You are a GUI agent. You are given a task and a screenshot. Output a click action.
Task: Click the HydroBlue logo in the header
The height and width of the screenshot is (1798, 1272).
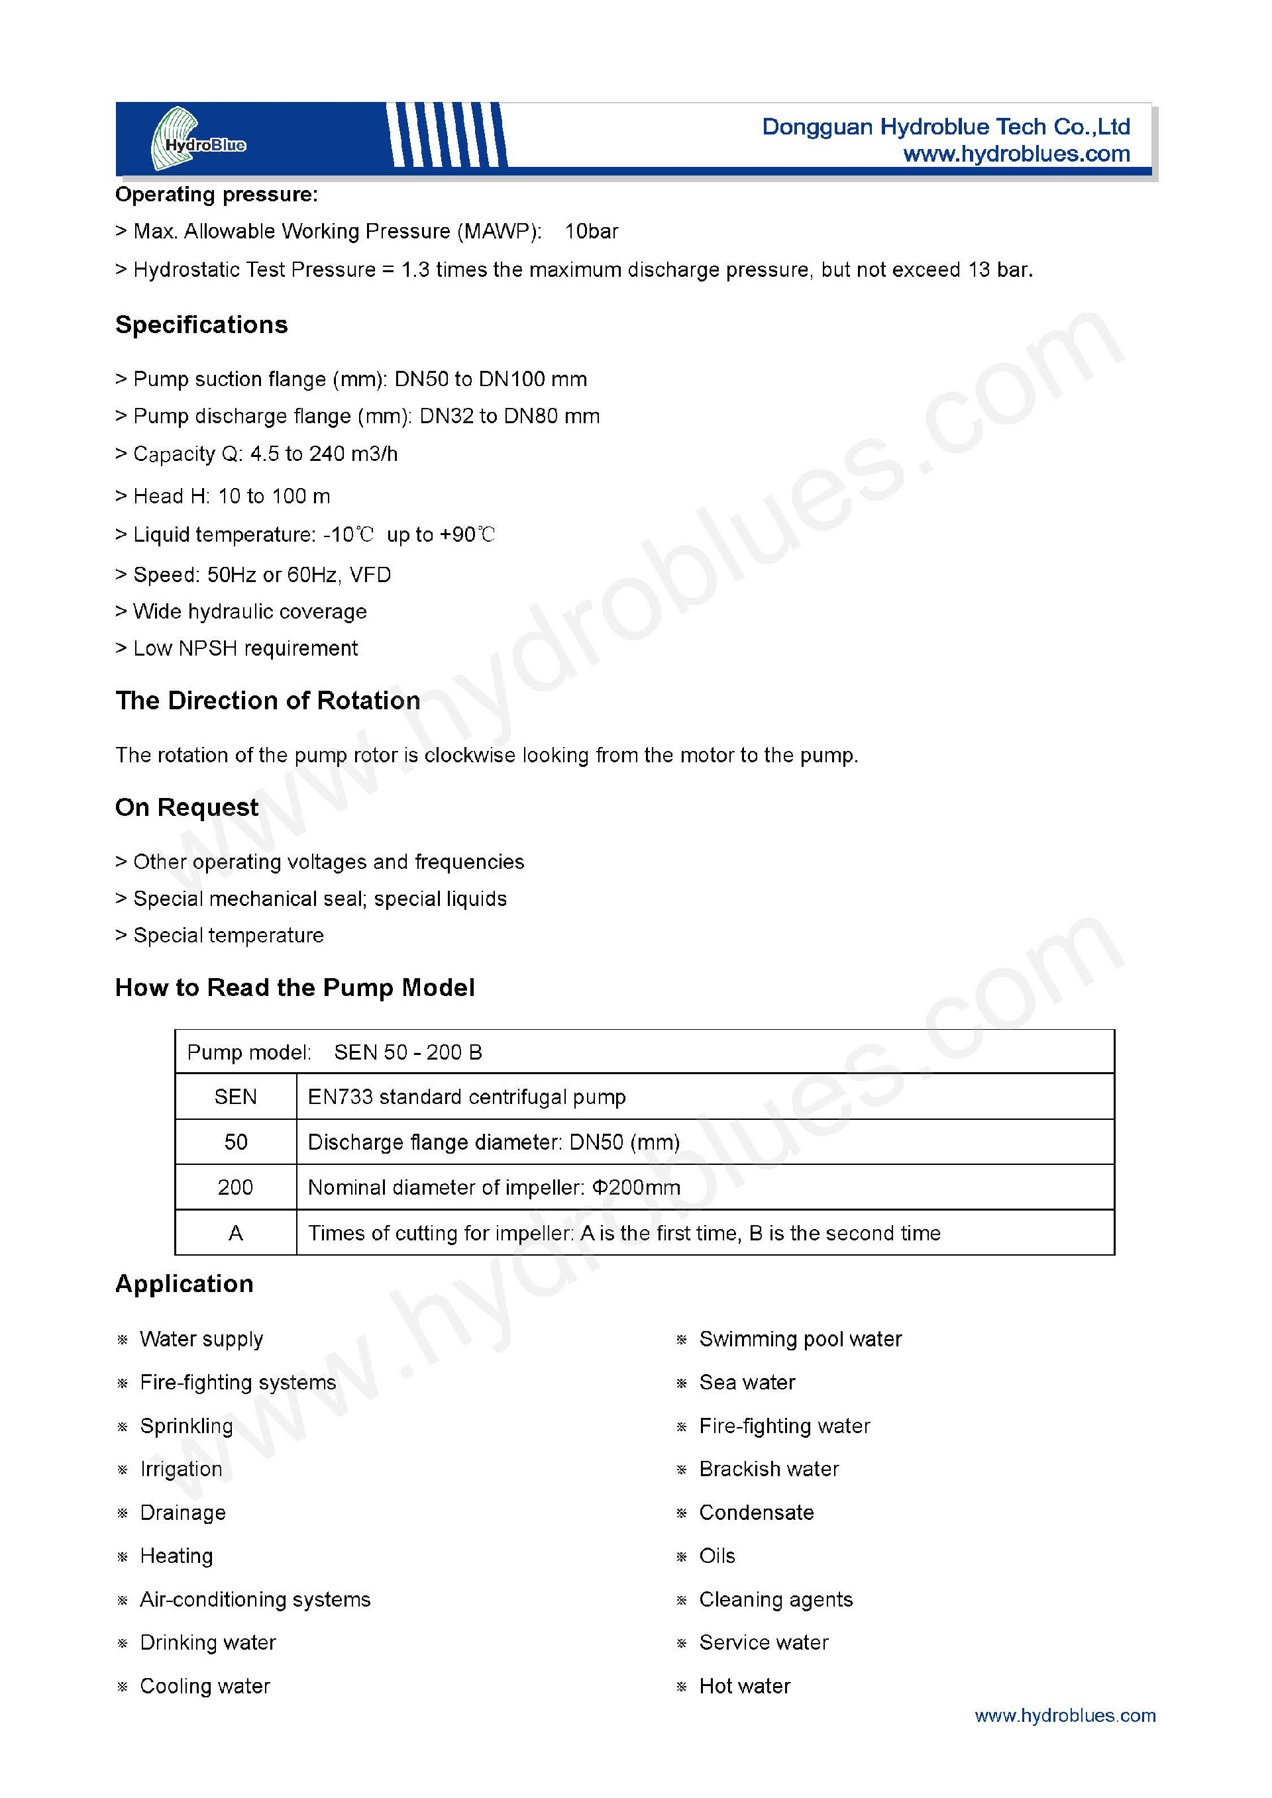click(x=196, y=139)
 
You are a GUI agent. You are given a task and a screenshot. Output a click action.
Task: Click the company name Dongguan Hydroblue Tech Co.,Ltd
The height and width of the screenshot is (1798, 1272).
click(x=945, y=127)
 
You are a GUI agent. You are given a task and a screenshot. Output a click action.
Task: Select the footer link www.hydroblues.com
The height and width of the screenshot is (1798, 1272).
click(x=1065, y=1715)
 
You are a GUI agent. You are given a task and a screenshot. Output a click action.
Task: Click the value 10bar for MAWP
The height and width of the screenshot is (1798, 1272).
click(x=592, y=232)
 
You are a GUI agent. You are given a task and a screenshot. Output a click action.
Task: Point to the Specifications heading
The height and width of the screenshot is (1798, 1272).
click(x=201, y=325)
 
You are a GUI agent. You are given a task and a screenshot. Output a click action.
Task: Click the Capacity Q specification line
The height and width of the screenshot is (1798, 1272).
click(x=257, y=454)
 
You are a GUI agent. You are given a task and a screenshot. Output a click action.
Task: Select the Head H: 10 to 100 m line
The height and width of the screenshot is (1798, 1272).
click(x=224, y=497)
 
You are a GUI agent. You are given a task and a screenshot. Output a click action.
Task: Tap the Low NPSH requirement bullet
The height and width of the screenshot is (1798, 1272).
click(x=237, y=648)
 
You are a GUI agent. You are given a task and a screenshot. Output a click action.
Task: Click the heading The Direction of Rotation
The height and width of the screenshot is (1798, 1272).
click(x=268, y=701)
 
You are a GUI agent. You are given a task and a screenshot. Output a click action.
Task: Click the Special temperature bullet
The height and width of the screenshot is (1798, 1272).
click(x=220, y=936)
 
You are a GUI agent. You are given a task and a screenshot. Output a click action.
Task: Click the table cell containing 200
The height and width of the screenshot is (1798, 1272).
click(x=236, y=1187)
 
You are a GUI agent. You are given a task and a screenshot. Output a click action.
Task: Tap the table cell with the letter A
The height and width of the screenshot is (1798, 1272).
click(x=236, y=1233)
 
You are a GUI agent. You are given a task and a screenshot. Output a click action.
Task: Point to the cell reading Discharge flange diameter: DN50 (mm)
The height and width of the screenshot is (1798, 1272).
click(x=494, y=1142)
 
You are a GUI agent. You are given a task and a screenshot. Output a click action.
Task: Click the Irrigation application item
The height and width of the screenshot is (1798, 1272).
click(x=181, y=1469)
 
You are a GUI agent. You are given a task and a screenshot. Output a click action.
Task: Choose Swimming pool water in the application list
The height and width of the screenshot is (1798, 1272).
click(x=800, y=1339)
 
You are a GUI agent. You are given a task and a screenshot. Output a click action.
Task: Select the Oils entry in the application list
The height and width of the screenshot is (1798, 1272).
click(x=717, y=1556)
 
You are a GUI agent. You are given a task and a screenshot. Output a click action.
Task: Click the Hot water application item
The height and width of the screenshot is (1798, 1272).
click(x=744, y=1686)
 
